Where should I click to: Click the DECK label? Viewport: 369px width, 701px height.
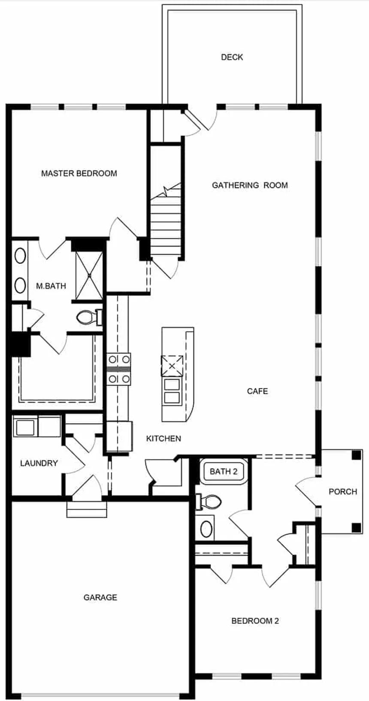pyautogui.click(x=232, y=57)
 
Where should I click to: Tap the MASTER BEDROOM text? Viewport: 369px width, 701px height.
pyautogui.click(x=79, y=173)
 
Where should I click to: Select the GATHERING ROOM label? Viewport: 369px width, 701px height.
pyautogui.click(x=250, y=185)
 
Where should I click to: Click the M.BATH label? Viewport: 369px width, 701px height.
pyautogui.click(x=51, y=286)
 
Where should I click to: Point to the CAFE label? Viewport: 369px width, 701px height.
pyautogui.click(x=257, y=391)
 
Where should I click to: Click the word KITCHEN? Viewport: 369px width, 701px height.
pyautogui.click(x=163, y=439)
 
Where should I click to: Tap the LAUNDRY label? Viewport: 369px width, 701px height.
pyautogui.click(x=39, y=463)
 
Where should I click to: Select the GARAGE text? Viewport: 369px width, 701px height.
pyautogui.click(x=100, y=597)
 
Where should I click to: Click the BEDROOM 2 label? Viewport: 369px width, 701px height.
pyautogui.click(x=255, y=621)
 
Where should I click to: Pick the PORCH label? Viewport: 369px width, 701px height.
pyautogui.click(x=342, y=491)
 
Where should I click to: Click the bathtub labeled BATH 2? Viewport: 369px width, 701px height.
pyautogui.click(x=224, y=472)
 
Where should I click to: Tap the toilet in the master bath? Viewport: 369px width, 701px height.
pyautogui.click(x=89, y=318)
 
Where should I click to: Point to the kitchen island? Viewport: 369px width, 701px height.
pyautogui.click(x=177, y=374)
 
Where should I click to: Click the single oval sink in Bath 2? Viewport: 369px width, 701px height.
pyautogui.click(x=207, y=529)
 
